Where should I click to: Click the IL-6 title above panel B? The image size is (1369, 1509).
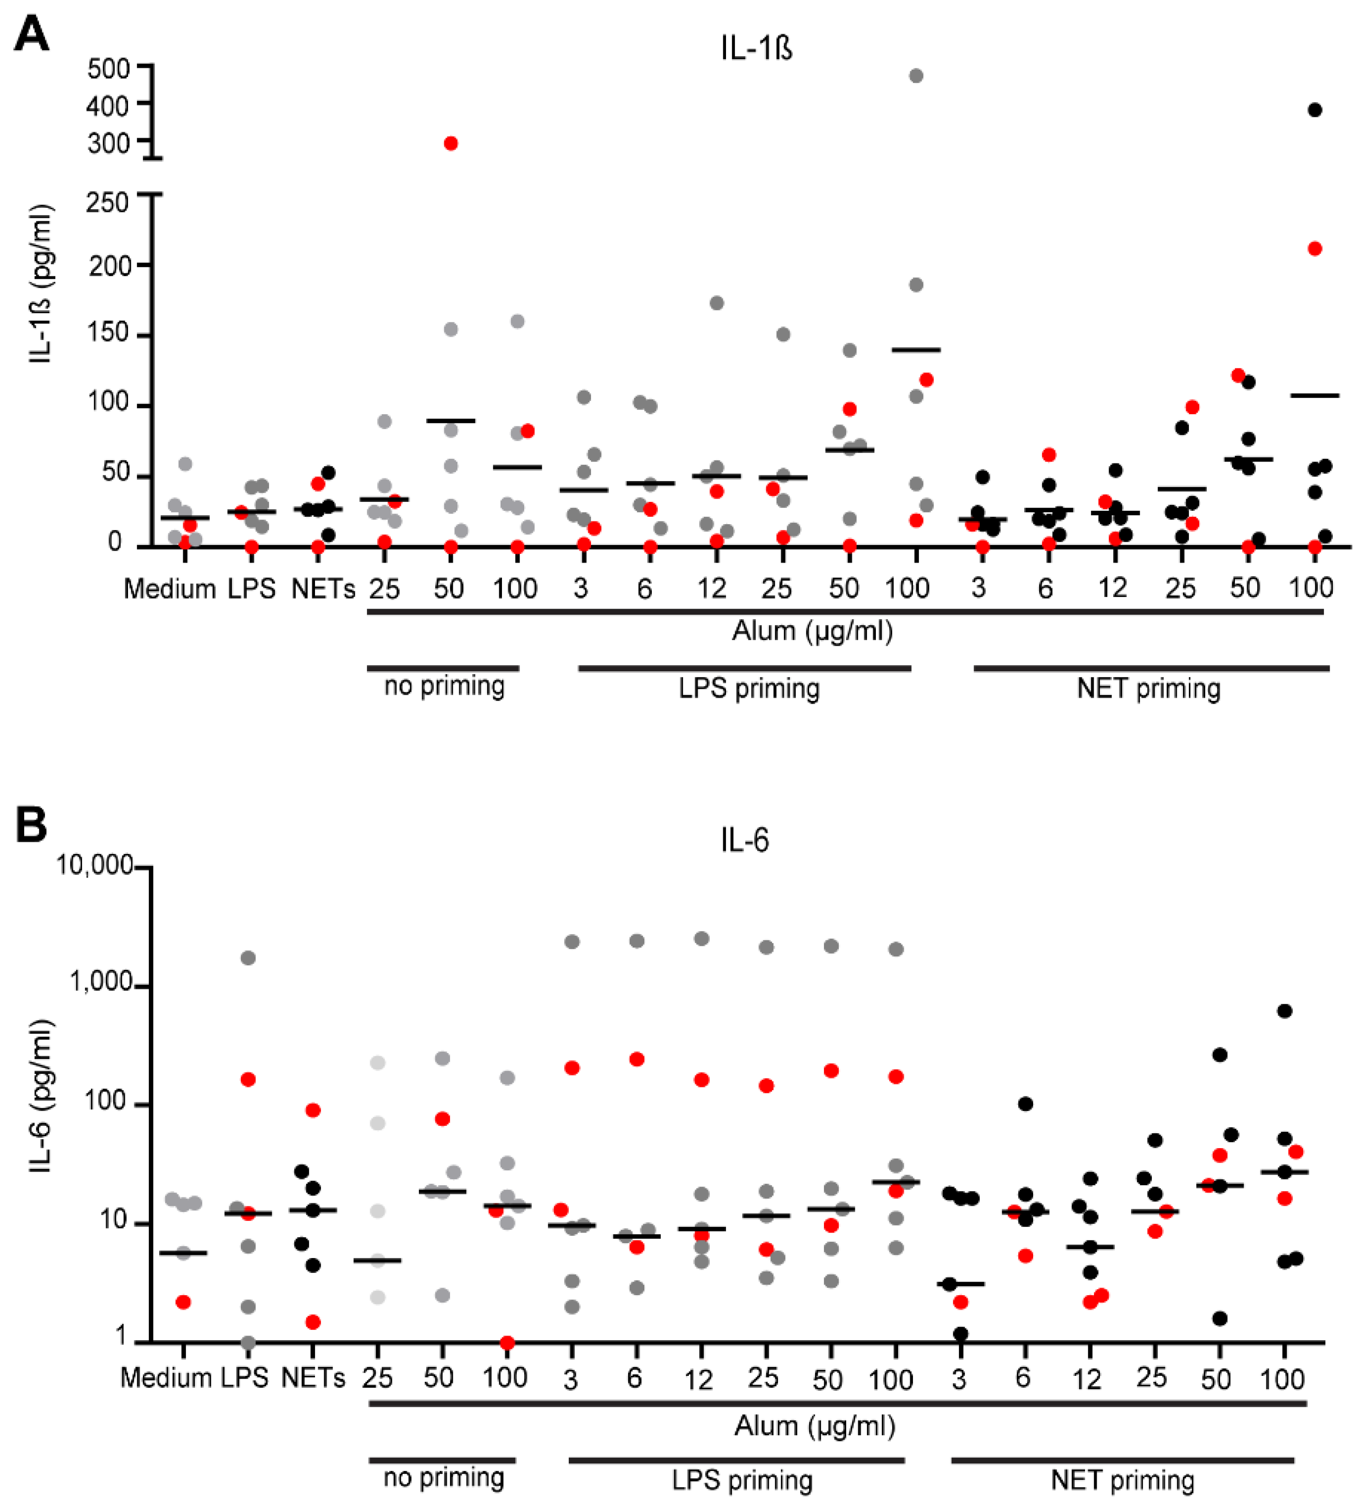coord(744,841)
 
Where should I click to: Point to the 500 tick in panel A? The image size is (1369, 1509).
coord(109,69)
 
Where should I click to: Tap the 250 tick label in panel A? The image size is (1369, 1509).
coord(107,202)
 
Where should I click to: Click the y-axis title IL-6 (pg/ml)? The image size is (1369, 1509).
coord(41,1097)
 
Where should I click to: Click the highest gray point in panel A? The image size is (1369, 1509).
coord(915,76)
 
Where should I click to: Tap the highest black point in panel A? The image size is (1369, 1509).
coord(1314,110)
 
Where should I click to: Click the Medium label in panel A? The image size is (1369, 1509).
coord(169,589)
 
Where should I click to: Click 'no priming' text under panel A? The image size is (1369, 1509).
coord(444,686)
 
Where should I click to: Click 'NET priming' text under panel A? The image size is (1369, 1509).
coord(1148,688)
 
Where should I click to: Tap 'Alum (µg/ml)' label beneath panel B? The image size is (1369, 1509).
coord(814,1426)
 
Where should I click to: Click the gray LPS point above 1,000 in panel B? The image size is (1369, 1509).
coord(248,958)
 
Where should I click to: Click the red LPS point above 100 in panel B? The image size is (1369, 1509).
coord(248,1079)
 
